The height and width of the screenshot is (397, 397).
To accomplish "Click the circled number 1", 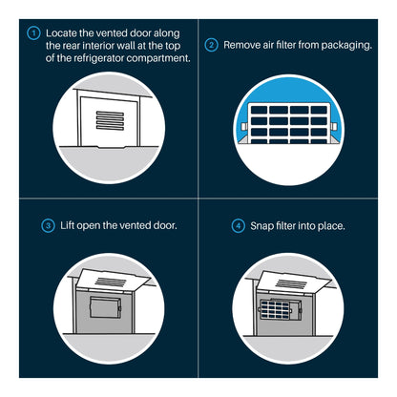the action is click(x=33, y=33).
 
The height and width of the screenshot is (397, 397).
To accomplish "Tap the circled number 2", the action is click(x=211, y=45).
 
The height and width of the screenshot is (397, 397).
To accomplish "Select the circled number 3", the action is click(x=48, y=226).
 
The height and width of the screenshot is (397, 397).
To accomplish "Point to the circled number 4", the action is click(x=238, y=226).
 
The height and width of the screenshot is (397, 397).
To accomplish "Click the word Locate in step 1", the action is click(x=61, y=33).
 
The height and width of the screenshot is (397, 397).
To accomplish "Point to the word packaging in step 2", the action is click(x=346, y=46).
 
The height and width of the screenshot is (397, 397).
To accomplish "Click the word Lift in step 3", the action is click(x=67, y=225).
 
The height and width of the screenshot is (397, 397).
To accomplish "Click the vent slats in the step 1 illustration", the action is click(x=110, y=120).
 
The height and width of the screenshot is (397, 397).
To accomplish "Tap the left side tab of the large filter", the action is click(x=243, y=126).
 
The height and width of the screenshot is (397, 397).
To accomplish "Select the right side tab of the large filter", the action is click(x=334, y=126).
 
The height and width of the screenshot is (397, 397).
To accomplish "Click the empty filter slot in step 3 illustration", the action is click(x=105, y=307).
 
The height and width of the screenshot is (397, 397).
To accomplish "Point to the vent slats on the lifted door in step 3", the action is click(x=110, y=282).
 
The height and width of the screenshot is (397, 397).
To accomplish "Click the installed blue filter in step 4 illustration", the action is click(x=275, y=310).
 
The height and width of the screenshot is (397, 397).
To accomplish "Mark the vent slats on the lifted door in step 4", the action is click(x=291, y=283).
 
